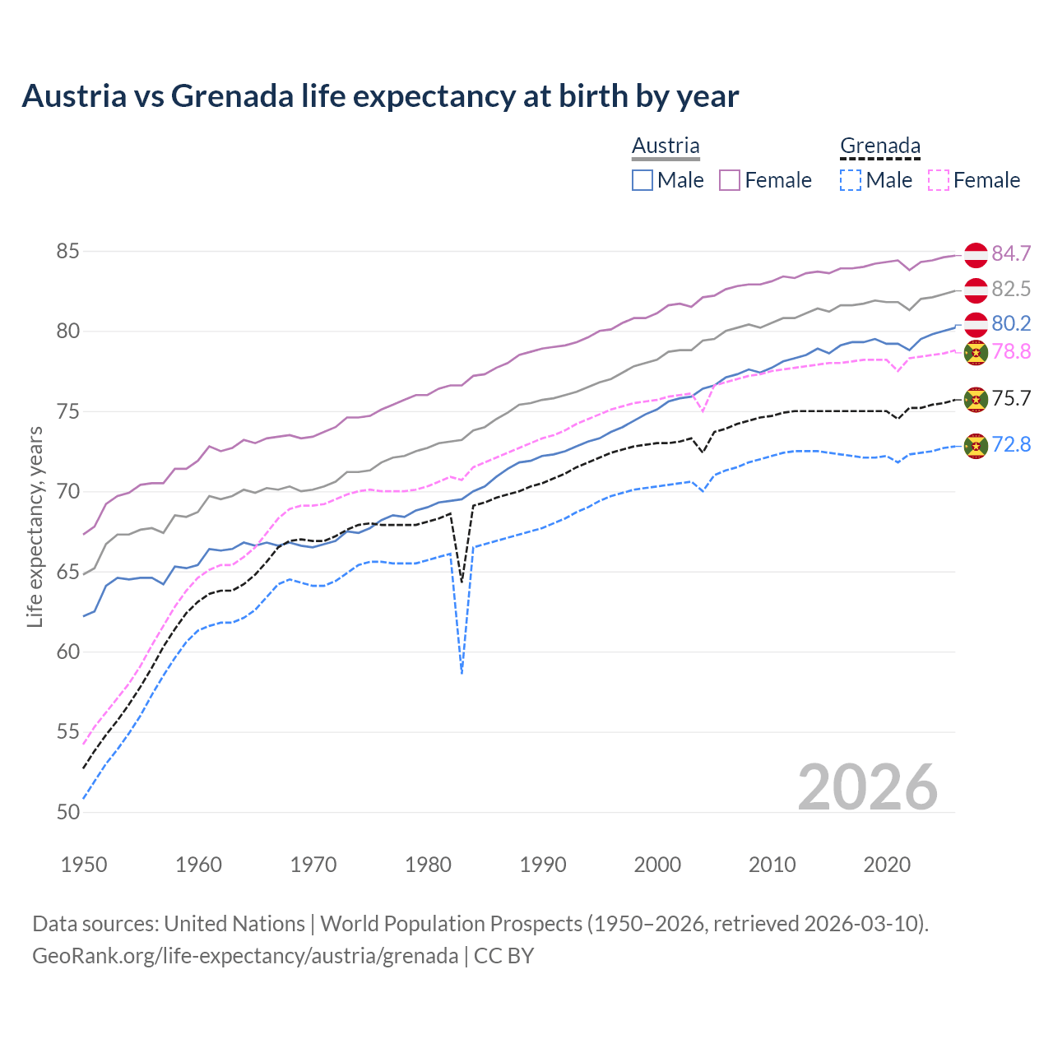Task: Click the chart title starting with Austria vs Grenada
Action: [x=380, y=96]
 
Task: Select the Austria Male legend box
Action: [x=642, y=180]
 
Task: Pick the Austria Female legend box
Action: [x=730, y=180]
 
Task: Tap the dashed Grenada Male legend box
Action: [x=851, y=180]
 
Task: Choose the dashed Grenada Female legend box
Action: [x=939, y=180]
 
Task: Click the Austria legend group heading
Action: [x=666, y=146]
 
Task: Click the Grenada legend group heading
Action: [x=879, y=146]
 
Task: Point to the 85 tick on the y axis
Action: [x=67, y=251]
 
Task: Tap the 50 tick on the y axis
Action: [x=67, y=812]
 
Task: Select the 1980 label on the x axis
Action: [x=428, y=865]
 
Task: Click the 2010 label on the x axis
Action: [x=772, y=865]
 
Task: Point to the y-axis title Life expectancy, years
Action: [x=35, y=526]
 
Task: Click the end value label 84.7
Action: [x=1011, y=253]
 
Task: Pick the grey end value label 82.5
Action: [x=1011, y=289]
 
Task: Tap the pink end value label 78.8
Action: [x=1011, y=352]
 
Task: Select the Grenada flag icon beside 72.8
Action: [x=976, y=446]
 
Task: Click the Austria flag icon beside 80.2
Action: [x=976, y=324]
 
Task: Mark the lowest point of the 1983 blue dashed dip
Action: [x=462, y=673]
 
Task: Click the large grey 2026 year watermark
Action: [x=867, y=787]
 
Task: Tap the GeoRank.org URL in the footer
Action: [x=245, y=956]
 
